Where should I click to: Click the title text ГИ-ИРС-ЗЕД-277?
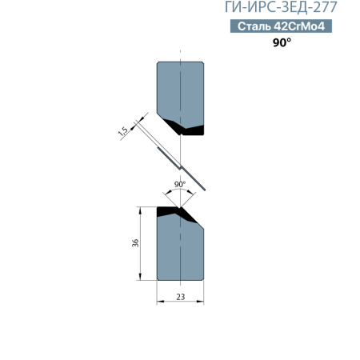click(x=281, y=7)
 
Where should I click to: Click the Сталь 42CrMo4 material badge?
click(x=281, y=26)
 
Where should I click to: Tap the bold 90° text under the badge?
click(x=282, y=42)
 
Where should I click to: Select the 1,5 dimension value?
click(x=123, y=131)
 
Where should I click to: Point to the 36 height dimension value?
click(x=135, y=243)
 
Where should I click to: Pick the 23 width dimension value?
click(x=181, y=297)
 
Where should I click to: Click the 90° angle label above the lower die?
click(x=180, y=184)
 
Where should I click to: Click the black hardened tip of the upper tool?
click(x=185, y=127)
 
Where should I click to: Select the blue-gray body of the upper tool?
click(x=181, y=90)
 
